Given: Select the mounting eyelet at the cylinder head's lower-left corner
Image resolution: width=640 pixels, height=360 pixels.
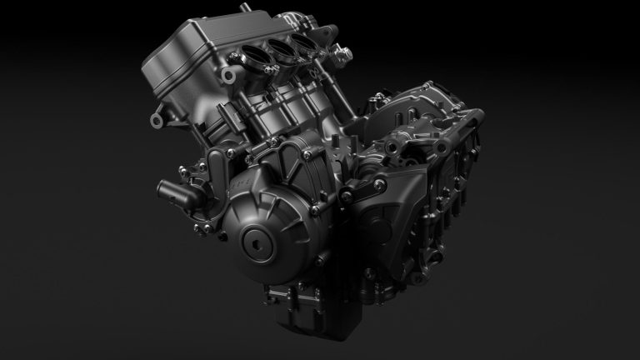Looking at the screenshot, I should (x=155, y=122).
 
